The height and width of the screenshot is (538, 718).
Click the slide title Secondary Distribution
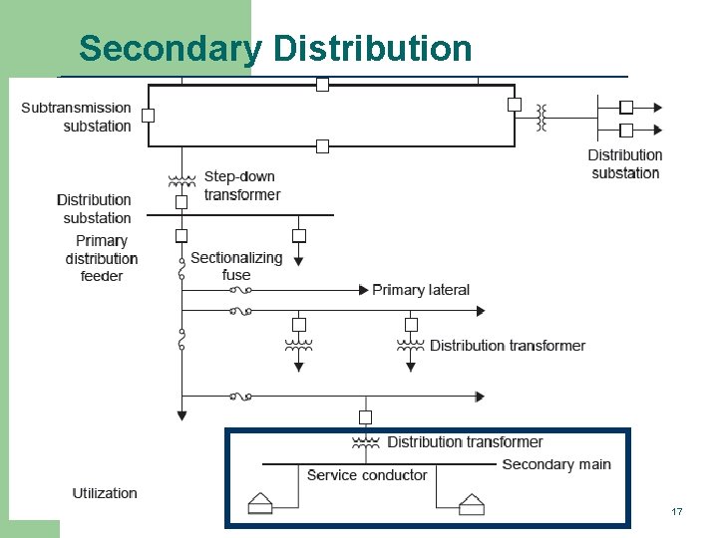click(x=275, y=49)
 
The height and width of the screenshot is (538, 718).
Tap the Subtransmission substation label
click(x=77, y=117)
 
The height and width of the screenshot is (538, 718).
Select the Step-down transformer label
click(x=242, y=185)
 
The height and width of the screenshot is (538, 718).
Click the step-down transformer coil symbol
click(x=181, y=182)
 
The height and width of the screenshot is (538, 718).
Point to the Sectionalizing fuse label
click(x=236, y=266)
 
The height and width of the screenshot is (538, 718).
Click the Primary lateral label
click(x=420, y=290)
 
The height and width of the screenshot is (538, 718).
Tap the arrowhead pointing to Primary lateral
click(x=363, y=290)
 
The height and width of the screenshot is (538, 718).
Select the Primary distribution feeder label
click(x=102, y=258)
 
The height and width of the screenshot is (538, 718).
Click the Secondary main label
click(x=556, y=464)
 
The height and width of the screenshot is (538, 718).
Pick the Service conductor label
click(x=367, y=475)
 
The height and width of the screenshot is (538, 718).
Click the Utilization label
click(x=105, y=493)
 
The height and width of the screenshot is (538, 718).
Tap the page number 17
click(x=677, y=511)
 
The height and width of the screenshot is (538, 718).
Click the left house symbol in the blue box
click(x=261, y=505)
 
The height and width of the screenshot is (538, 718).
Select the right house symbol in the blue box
click(x=472, y=505)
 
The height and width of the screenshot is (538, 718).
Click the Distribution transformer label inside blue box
click(x=465, y=441)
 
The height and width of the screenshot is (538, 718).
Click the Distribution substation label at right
click(x=625, y=163)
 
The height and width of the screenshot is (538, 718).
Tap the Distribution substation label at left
click(x=94, y=208)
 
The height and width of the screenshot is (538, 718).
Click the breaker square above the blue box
click(x=365, y=416)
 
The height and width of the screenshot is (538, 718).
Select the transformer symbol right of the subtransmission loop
click(x=541, y=117)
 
